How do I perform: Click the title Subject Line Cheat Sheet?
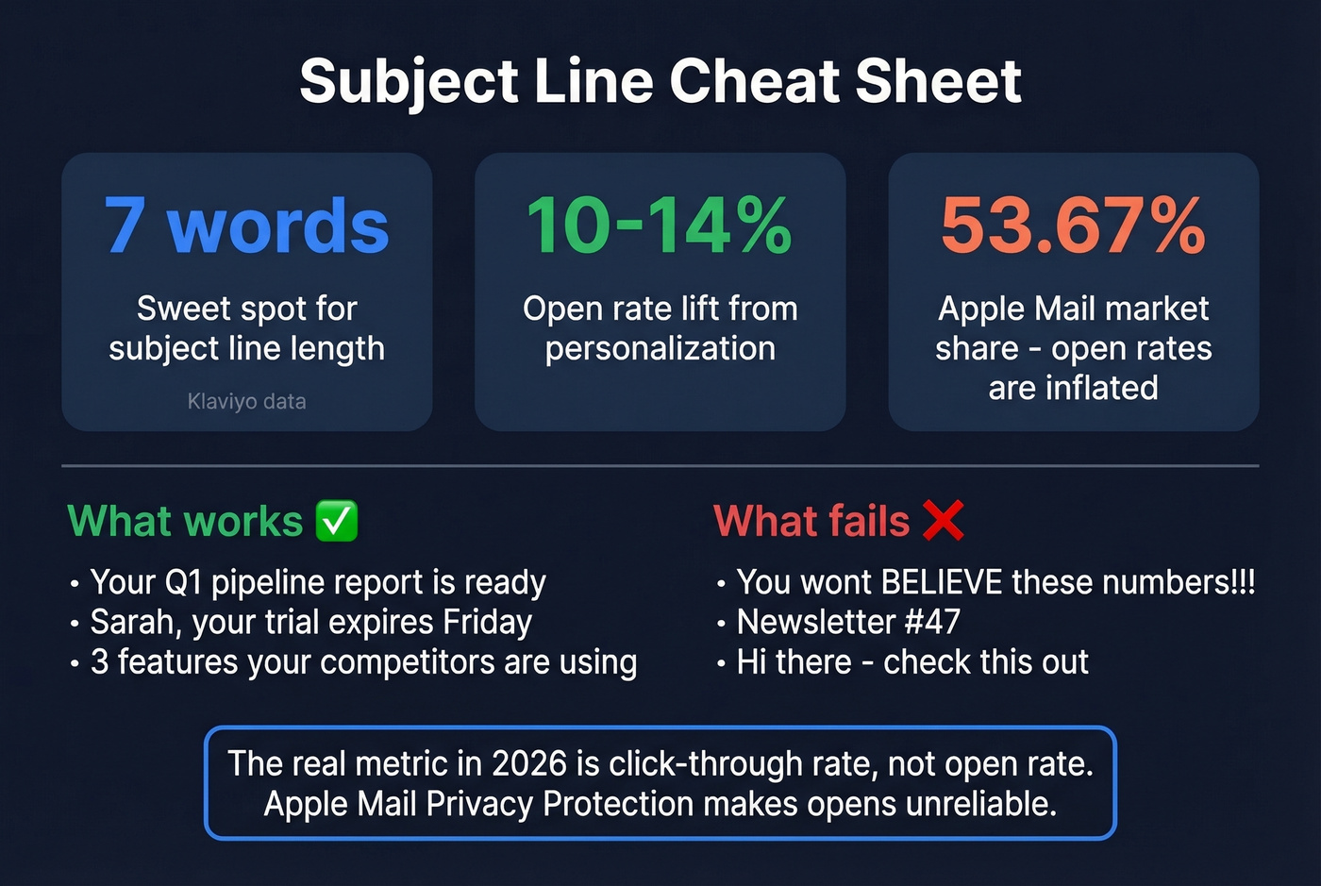point(660,81)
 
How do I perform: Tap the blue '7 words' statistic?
point(246,226)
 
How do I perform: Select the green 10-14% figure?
point(660,226)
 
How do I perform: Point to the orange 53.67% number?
point(1073,226)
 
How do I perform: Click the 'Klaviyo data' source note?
point(246,402)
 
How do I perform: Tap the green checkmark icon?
point(337,521)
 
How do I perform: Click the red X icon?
point(943,520)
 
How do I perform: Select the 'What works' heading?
point(185,521)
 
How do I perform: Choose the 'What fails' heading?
point(811,521)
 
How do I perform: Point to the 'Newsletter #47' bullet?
point(847,623)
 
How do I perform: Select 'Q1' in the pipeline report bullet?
point(184,583)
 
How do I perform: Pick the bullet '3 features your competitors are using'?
point(363,662)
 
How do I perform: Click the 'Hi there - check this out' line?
point(911,662)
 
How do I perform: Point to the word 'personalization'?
point(660,349)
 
